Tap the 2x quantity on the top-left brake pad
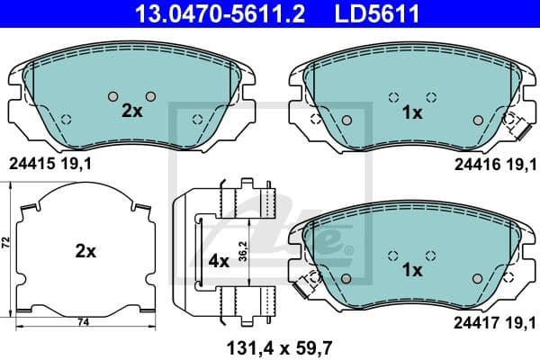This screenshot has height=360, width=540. coord(132,111)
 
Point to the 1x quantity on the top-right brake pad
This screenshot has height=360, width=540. coord(412,112)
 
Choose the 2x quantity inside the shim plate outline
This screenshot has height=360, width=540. coord(85,252)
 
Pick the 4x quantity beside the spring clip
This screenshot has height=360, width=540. coord(219,261)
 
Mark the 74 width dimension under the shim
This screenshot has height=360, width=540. coord(82,321)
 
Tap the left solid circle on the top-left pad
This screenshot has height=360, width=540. coord(112,96)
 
